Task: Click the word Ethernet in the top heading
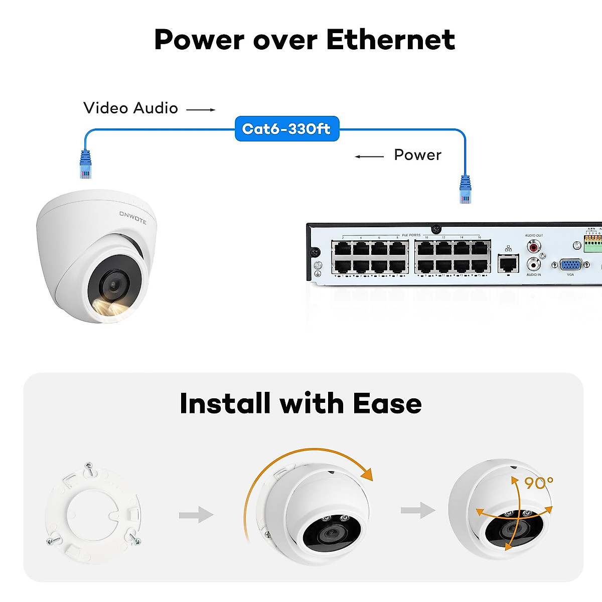[390, 40]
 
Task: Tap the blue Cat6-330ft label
[286, 129]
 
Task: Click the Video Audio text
[130, 108]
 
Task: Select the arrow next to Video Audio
[201, 109]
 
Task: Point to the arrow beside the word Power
[369, 157]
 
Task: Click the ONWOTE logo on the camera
[132, 217]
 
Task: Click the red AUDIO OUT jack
[533, 246]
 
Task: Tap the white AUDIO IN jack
[533, 264]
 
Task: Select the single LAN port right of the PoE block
[508, 263]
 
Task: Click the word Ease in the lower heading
[387, 404]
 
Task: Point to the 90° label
[538, 483]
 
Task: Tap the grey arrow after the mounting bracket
[196, 514]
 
